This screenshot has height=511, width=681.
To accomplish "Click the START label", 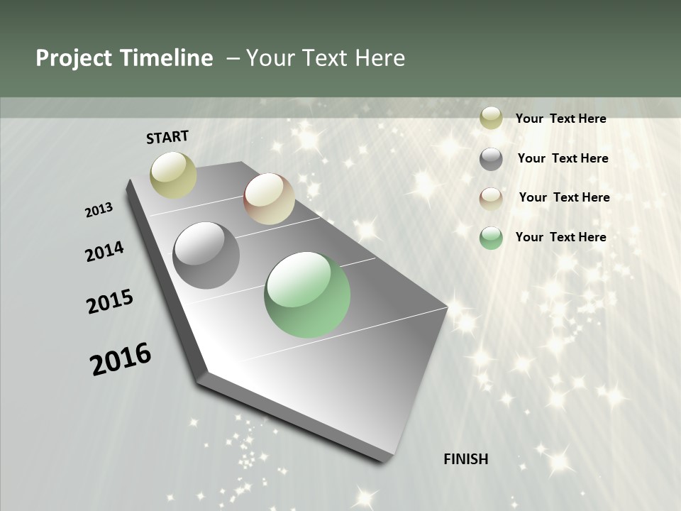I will (x=167, y=137).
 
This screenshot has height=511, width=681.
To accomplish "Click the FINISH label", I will (x=466, y=459).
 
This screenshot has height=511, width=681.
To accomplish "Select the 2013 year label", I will (x=99, y=210).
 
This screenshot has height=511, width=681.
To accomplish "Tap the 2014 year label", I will (x=104, y=252).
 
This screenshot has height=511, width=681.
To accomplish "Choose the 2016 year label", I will (x=121, y=359).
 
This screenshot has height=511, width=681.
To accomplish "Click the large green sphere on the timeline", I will (x=307, y=295).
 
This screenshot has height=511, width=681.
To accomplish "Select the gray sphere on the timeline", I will (x=206, y=255).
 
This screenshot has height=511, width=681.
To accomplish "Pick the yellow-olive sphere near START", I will (x=174, y=175).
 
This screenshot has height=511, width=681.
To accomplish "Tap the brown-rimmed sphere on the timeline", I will (x=269, y=199).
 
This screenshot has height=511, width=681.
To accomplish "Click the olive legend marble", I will (x=491, y=119).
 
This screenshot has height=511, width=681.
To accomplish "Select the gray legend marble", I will (x=491, y=159).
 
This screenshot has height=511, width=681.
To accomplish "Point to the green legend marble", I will (x=491, y=238).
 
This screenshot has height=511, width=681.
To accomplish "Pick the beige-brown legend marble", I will (x=491, y=198).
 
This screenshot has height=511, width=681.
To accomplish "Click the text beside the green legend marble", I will (x=560, y=237).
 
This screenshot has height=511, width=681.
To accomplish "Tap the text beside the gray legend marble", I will (x=563, y=158).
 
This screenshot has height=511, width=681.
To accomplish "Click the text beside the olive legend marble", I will (x=560, y=119).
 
